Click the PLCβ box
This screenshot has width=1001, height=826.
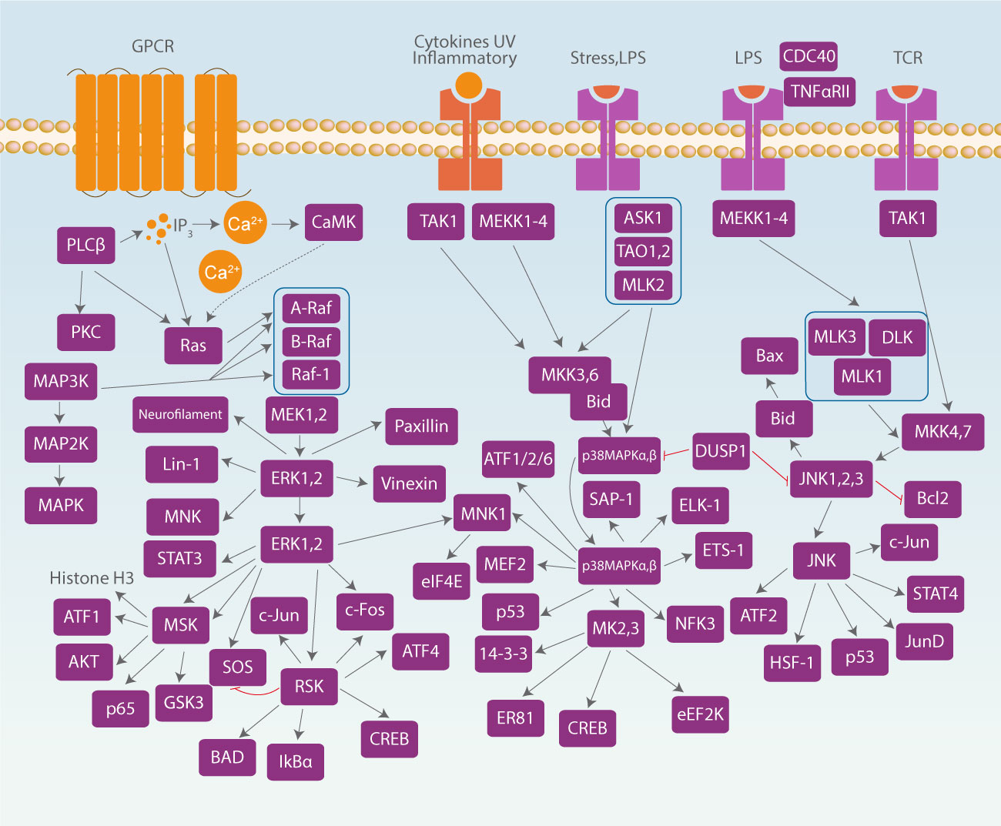click(85, 245)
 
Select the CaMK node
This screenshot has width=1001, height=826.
click(333, 222)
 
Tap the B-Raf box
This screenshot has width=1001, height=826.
click(311, 341)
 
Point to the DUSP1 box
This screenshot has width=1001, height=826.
click(721, 451)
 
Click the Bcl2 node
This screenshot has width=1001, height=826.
click(932, 498)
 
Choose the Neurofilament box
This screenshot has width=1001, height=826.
click(180, 414)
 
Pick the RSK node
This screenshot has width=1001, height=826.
click(309, 686)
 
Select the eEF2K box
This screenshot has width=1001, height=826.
click(700, 714)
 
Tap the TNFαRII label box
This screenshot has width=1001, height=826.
click(819, 92)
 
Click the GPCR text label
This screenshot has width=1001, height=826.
click(152, 46)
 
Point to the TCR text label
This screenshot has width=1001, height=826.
click(907, 58)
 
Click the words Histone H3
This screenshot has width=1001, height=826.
click(92, 577)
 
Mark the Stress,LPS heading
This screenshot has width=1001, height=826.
click(608, 58)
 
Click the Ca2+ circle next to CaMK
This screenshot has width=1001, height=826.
click(245, 223)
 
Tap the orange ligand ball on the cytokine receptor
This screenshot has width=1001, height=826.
click(468, 85)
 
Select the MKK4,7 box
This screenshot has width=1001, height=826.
click(942, 432)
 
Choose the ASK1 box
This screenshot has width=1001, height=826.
click(643, 218)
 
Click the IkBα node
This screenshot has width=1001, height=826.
click(295, 762)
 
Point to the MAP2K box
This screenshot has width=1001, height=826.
click(61, 443)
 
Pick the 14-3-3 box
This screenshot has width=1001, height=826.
click(504, 654)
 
